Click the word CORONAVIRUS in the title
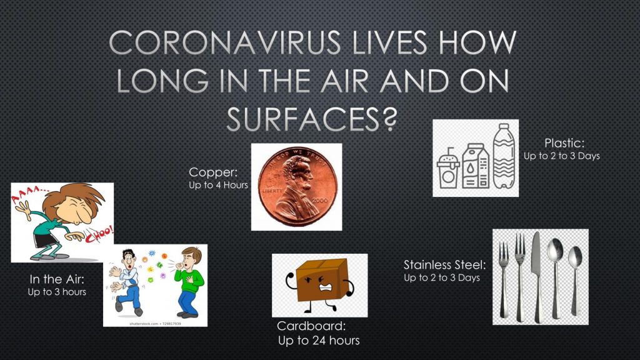(x=225, y=42)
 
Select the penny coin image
(x=297, y=187)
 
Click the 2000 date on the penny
(x=319, y=201)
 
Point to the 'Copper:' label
(x=213, y=172)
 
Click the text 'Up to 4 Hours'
(x=218, y=185)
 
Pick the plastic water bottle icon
(x=504, y=156)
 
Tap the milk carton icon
(x=476, y=166)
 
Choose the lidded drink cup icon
(x=448, y=168)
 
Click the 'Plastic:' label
(x=564, y=143)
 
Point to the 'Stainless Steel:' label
(x=444, y=265)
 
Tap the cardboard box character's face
(x=321, y=283)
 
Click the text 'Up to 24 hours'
(x=319, y=341)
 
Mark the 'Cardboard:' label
(x=311, y=326)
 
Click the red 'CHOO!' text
(x=99, y=235)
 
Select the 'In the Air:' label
(x=57, y=279)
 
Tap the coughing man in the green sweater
(x=189, y=282)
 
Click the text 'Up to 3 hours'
(x=57, y=292)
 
